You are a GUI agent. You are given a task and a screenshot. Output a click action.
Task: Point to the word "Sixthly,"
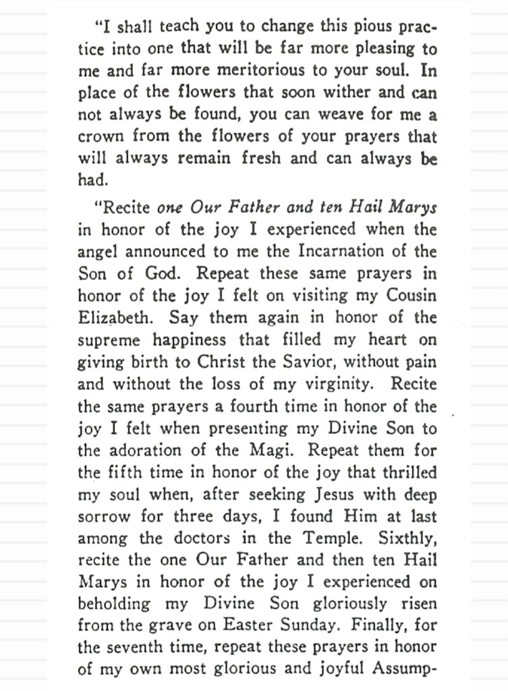click(x=403, y=538)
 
